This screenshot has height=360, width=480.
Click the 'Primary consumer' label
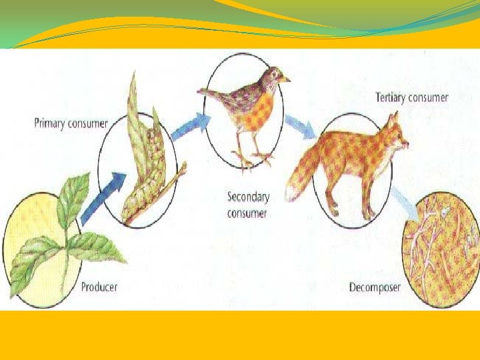point(71,124)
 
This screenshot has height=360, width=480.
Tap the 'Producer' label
point(99,287)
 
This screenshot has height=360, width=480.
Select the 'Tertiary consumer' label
point(412,98)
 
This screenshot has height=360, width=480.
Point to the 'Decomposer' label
point(375,288)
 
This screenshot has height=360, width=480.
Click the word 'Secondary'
point(248,197)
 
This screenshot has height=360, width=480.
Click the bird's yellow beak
point(285,79)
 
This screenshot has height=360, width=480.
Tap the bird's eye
point(273,74)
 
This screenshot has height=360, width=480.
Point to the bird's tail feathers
point(211,92)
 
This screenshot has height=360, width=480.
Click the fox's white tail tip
point(289,193)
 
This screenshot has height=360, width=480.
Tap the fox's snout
point(405,143)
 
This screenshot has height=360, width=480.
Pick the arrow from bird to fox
point(300,126)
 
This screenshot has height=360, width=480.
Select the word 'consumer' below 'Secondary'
point(247,213)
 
